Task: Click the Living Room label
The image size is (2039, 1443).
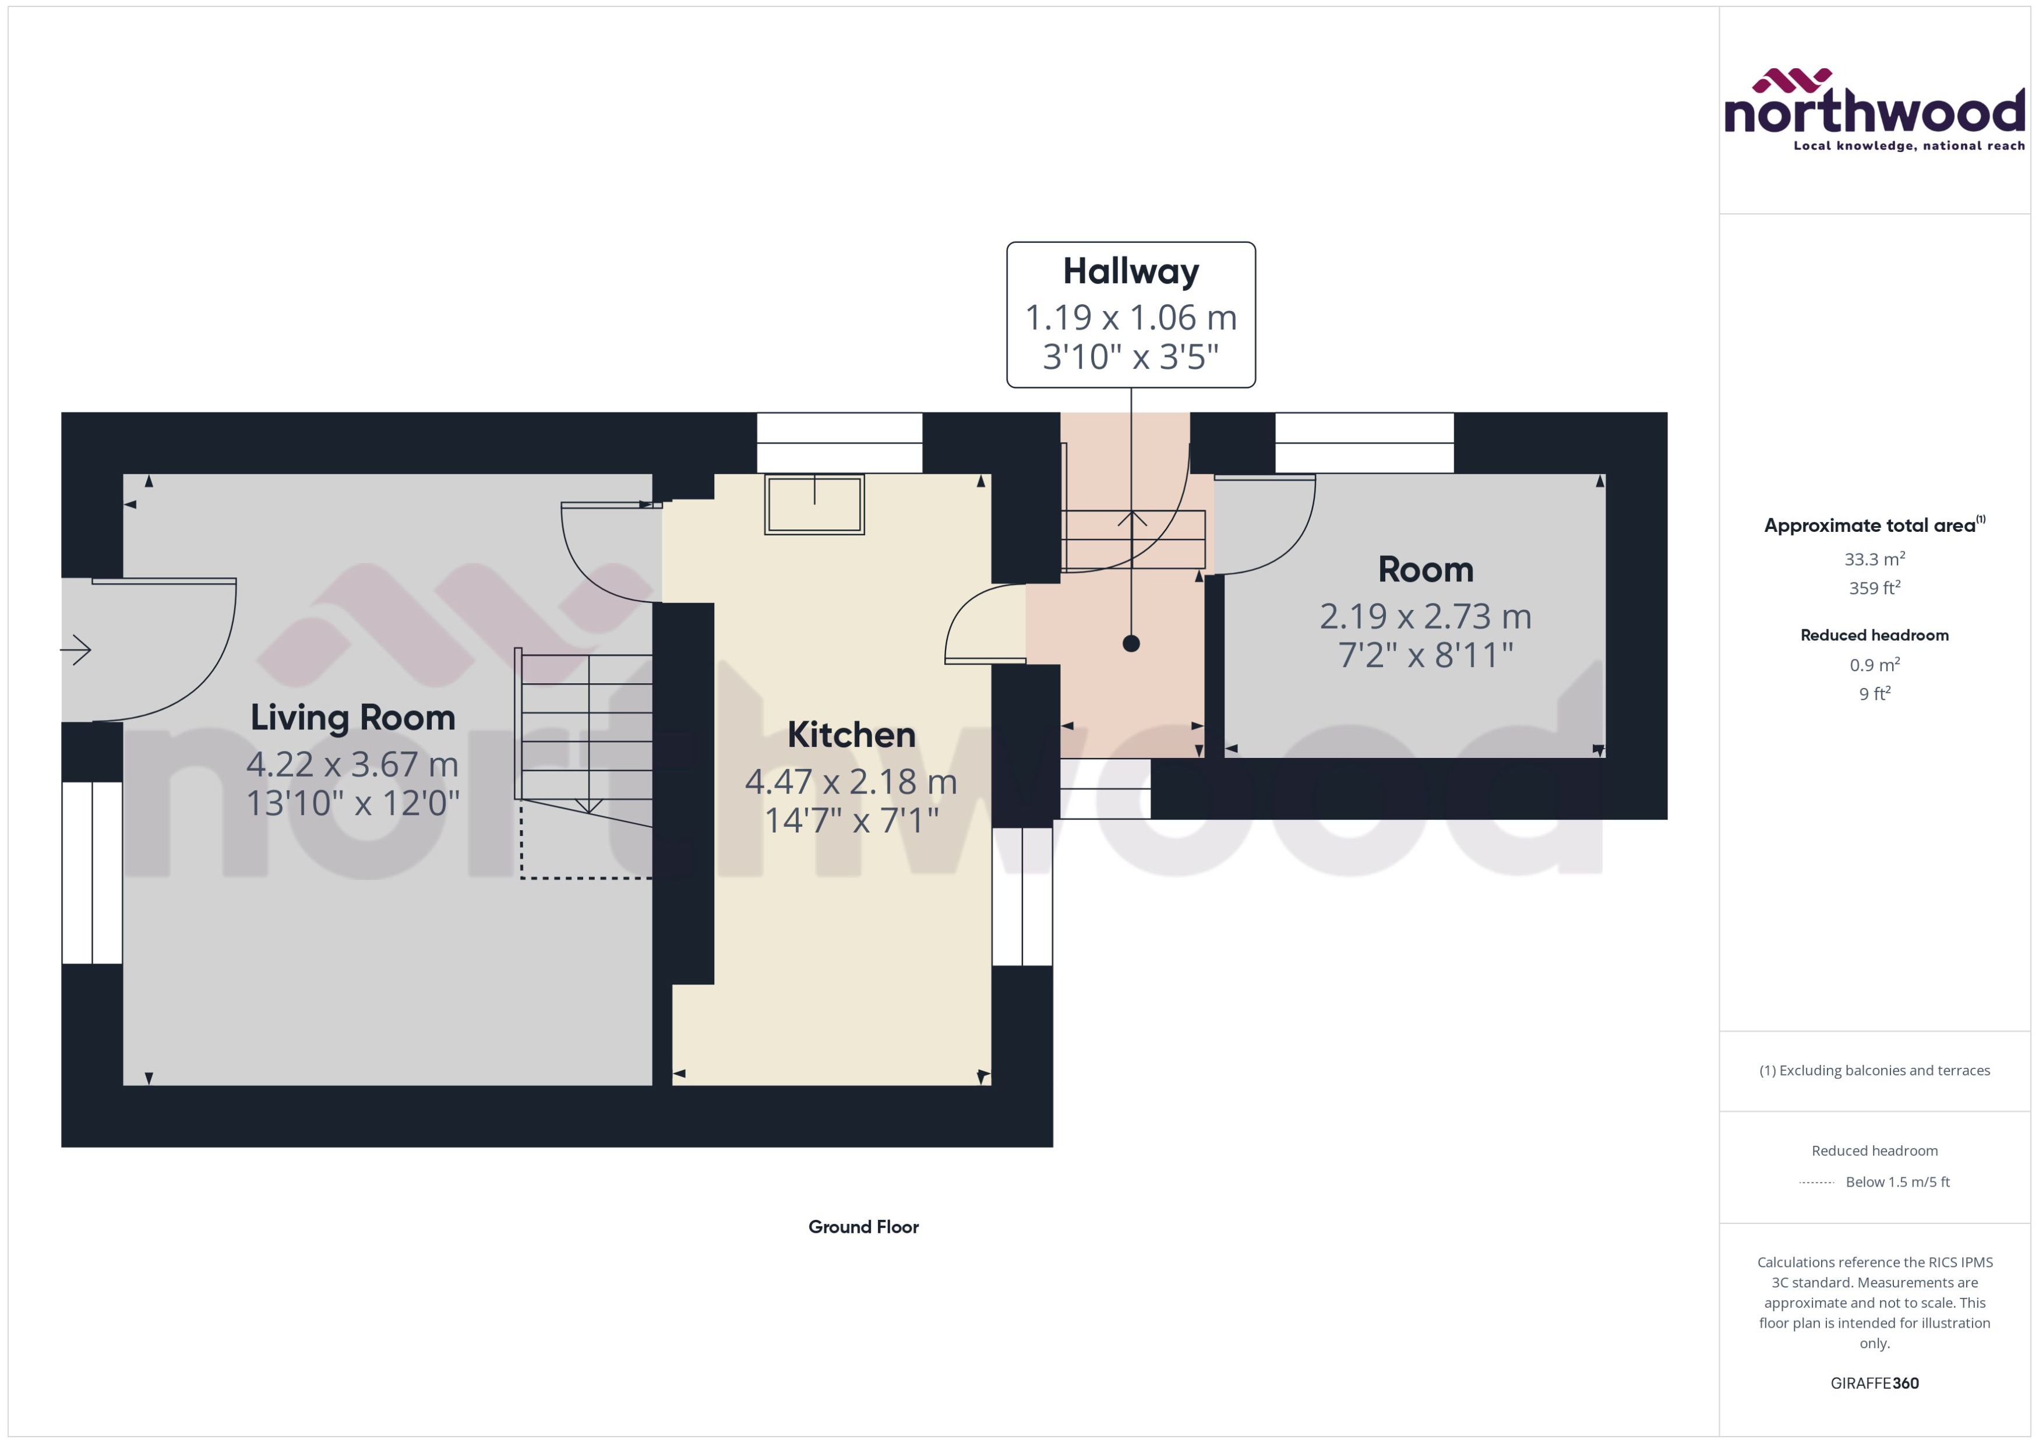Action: (352, 717)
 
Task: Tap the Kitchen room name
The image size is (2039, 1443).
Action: (851, 735)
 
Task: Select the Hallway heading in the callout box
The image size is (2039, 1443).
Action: (1130, 271)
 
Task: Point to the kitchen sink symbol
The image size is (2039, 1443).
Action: (814, 504)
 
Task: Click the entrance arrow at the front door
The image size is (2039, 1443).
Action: (76, 650)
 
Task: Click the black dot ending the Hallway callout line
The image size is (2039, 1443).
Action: (1131, 643)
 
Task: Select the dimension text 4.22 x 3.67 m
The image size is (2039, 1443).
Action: (352, 764)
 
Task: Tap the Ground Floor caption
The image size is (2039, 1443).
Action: (863, 1226)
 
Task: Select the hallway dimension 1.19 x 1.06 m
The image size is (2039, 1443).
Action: (1130, 317)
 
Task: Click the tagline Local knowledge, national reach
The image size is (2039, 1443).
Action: (1909, 146)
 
